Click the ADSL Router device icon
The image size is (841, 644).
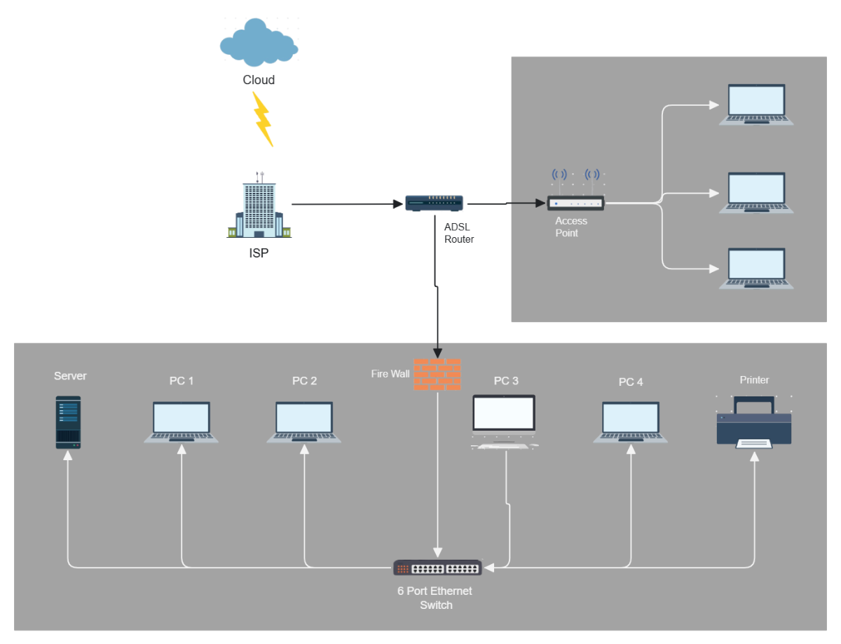pos(435,203)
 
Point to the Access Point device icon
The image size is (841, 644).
pos(575,203)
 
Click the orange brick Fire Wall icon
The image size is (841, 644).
pos(437,374)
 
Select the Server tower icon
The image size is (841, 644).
pos(69,422)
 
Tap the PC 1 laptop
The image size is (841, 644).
pos(181,422)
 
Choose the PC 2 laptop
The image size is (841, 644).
pos(303,422)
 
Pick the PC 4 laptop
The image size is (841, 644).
pos(630,422)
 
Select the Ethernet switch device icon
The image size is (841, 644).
pos(437,568)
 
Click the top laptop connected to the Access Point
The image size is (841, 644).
pos(756,105)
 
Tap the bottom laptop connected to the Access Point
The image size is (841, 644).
pos(756,268)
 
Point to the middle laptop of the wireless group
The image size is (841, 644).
pos(756,192)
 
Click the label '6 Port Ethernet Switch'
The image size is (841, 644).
pos(435,598)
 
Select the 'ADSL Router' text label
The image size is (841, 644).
pos(459,233)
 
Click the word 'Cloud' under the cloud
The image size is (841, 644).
pos(259,80)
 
